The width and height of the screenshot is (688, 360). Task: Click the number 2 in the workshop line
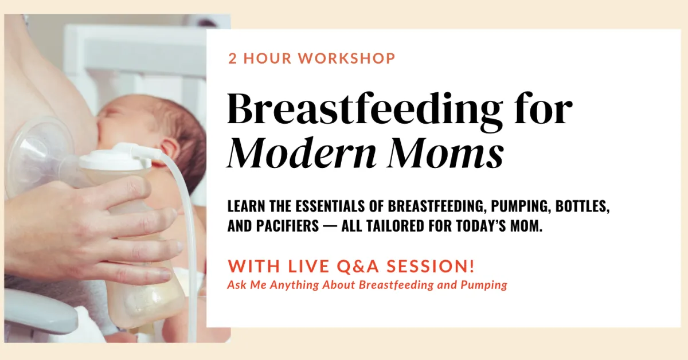(x=233, y=58)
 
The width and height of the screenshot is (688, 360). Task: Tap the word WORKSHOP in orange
(x=346, y=58)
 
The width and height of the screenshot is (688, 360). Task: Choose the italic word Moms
(x=445, y=152)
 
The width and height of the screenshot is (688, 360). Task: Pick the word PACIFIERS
(x=288, y=226)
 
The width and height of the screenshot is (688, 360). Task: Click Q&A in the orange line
(x=358, y=266)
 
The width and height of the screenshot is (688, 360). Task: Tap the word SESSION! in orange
(x=431, y=266)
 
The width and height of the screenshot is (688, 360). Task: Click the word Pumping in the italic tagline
(x=484, y=285)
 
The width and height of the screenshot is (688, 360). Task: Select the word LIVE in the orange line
(x=308, y=266)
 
